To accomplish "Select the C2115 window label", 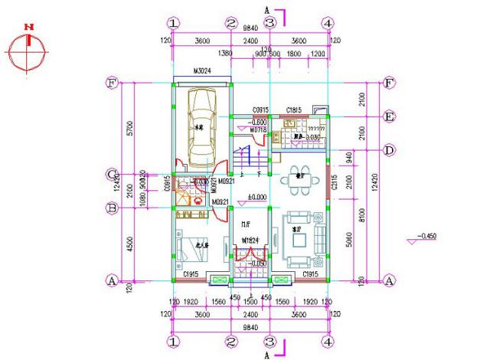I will (335, 185).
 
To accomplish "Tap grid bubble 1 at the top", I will (175, 24).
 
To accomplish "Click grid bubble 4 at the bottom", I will (327, 342).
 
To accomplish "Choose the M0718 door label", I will (257, 129).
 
